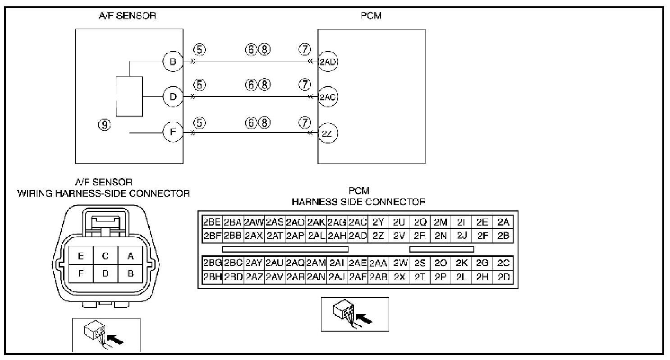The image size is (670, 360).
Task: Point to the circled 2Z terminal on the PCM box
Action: coord(328,133)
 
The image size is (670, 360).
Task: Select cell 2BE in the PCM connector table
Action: coord(211,222)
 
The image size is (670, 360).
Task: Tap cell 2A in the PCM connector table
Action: coord(503,222)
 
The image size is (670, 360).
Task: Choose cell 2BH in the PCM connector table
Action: coord(211,277)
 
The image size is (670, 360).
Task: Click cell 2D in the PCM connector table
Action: coord(503,277)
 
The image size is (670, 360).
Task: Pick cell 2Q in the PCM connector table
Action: coord(420,222)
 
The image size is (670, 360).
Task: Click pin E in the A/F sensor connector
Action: coord(81,256)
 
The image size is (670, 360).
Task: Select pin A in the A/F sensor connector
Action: coord(131,256)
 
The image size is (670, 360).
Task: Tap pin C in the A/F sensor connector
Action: coord(106,256)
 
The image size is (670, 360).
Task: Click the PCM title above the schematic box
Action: coord(371,16)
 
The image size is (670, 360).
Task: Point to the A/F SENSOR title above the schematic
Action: coord(128,16)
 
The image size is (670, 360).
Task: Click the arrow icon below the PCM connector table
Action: coord(355,314)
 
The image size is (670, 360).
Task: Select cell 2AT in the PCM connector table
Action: coord(274,235)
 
